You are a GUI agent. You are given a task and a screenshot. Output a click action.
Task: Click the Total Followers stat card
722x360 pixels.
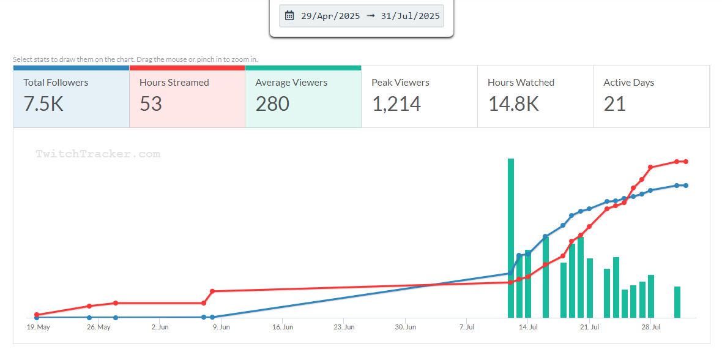71,97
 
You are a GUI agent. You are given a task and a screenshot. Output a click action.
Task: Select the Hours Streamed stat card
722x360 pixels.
187,97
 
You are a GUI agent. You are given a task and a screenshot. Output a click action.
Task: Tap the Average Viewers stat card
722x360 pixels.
303,97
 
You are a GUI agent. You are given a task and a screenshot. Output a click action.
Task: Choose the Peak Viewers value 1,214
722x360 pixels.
396,104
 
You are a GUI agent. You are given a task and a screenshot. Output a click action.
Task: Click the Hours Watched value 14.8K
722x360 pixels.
513,104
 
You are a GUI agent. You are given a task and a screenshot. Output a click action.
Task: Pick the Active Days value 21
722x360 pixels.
615,104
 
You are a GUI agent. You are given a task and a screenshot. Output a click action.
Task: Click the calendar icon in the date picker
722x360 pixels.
289,16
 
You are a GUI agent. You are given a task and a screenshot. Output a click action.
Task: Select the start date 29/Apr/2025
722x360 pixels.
330,16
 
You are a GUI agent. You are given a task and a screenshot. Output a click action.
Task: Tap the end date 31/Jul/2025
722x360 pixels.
410,16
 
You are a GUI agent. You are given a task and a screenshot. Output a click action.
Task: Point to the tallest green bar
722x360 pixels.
511,238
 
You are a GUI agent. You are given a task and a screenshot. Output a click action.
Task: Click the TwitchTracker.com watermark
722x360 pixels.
98,154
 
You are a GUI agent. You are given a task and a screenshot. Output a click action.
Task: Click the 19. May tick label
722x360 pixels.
38,328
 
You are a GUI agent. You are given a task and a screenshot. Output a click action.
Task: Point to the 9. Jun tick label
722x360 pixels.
221,328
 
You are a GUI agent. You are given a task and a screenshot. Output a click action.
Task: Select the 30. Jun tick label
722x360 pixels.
405,328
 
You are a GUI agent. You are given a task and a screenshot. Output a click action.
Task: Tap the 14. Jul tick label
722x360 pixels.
528,328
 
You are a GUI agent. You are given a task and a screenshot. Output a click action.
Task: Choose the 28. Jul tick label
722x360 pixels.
651,328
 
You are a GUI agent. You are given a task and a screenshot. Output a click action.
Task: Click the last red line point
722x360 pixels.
686,162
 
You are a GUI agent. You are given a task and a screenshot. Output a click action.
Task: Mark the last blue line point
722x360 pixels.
686,186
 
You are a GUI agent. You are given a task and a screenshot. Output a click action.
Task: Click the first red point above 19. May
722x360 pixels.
37,315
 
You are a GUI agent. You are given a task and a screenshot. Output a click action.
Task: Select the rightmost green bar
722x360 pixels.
677,302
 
